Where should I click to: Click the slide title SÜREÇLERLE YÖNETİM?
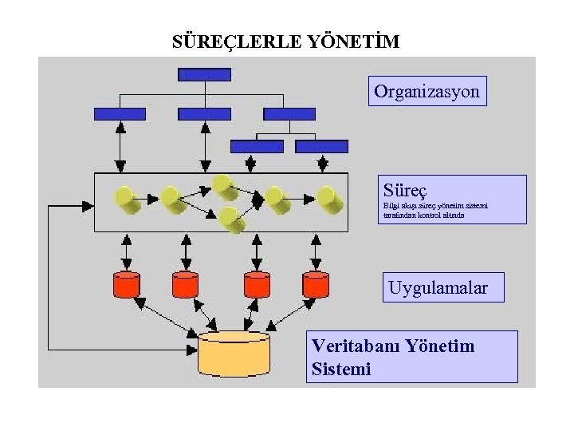pyautogui.click(x=286, y=41)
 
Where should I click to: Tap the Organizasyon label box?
pyautogui.click(x=427, y=92)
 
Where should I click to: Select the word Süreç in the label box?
pyautogui.click(x=405, y=191)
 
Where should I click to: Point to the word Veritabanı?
pyautogui.click(x=356, y=346)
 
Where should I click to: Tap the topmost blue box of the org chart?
pyautogui.click(x=205, y=75)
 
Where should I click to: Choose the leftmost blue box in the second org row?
pyautogui.click(x=120, y=114)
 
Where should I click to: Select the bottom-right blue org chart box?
pyautogui.click(x=321, y=147)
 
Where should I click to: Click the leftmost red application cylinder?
pyautogui.click(x=127, y=283)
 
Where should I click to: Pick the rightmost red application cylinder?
pyautogui.click(x=316, y=283)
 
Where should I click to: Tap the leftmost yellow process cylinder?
pyautogui.click(x=127, y=199)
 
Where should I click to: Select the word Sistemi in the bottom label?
pyautogui.click(x=342, y=370)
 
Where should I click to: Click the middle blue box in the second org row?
pyautogui.click(x=205, y=114)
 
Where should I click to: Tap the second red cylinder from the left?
pyautogui.click(x=185, y=283)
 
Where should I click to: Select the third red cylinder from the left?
pyautogui.click(x=257, y=283)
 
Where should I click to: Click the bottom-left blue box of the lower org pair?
pyautogui.click(x=257, y=147)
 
